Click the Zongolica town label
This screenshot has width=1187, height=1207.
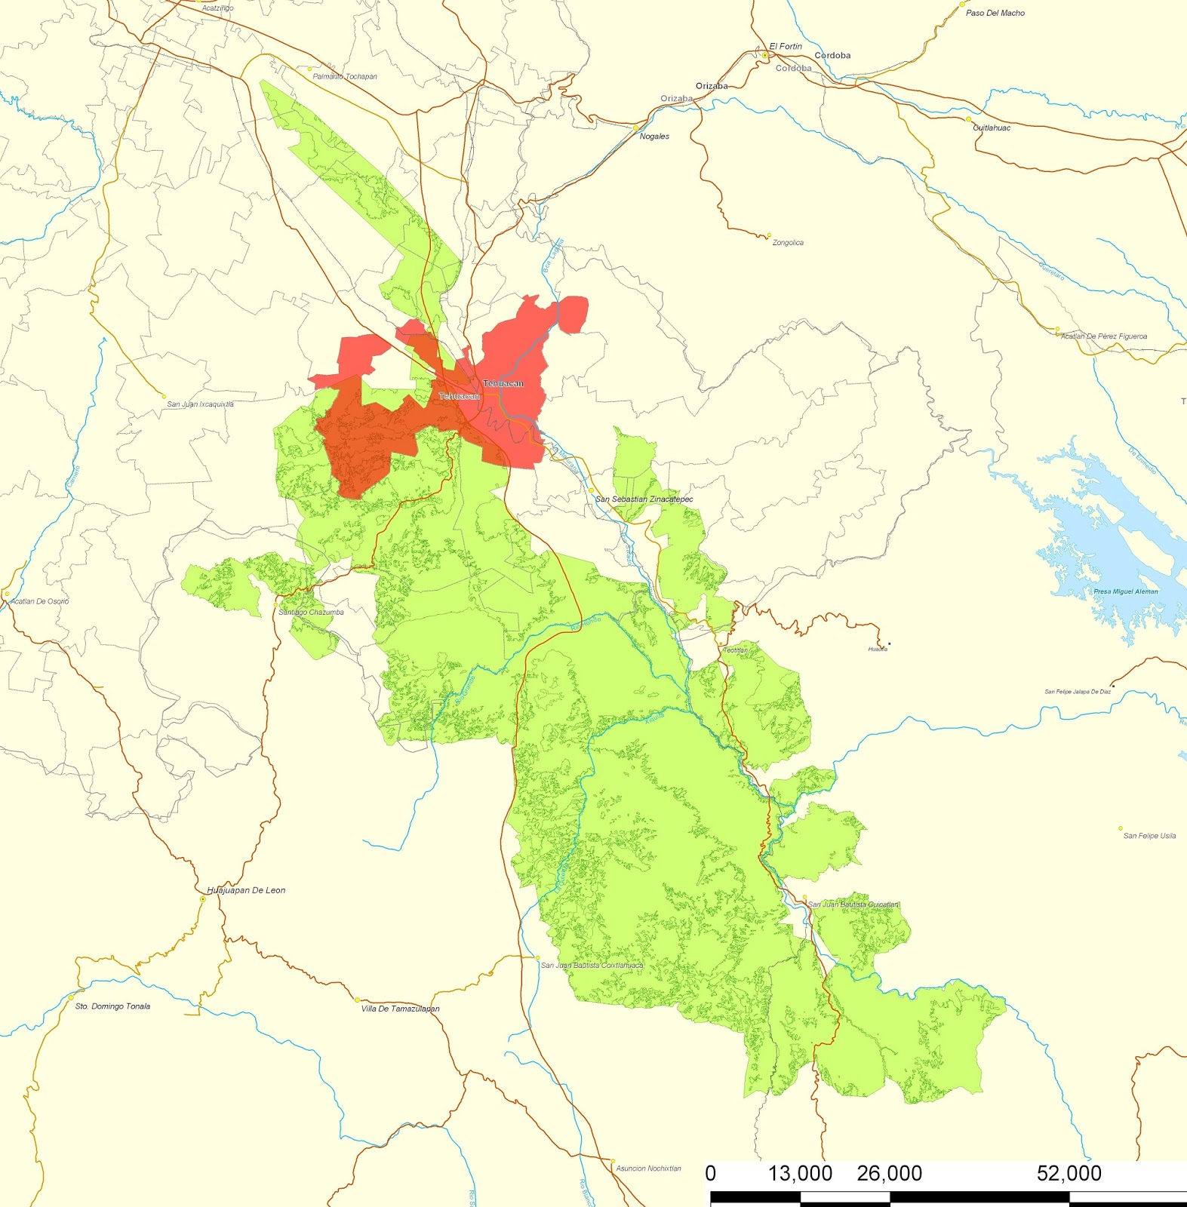point(788,243)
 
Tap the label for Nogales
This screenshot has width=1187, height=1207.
point(654,137)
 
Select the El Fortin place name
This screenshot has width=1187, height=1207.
point(786,47)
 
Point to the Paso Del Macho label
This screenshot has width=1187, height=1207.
point(995,14)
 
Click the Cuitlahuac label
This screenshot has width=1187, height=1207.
point(992,128)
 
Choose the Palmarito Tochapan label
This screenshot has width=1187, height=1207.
point(345,77)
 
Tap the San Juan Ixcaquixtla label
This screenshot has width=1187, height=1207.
point(200,404)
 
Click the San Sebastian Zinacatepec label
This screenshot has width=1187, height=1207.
point(644,499)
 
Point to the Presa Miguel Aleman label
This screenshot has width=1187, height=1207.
point(1125,591)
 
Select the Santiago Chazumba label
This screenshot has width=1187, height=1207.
point(311,613)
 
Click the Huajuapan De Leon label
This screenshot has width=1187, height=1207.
point(247,890)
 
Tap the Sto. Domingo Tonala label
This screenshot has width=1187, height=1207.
point(112,1006)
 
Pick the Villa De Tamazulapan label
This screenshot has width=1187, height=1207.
point(400,1009)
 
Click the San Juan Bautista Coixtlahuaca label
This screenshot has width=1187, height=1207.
point(592,966)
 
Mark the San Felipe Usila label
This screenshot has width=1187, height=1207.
point(1149,836)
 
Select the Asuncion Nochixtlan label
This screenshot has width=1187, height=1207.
point(648,1169)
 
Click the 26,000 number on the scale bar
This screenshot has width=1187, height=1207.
point(889,1174)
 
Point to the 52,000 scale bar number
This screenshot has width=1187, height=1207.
point(1069,1174)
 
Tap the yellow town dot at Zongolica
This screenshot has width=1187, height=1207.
point(769,235)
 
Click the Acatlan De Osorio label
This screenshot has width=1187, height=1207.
point(39,601)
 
